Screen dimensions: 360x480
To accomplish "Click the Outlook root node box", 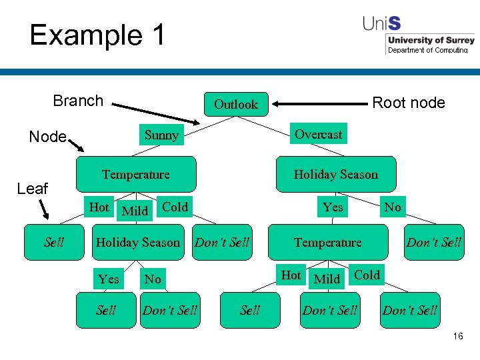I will coord(235,105).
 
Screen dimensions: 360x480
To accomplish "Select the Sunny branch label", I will coord(161,135).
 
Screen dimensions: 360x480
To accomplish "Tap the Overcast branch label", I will coord(318,134).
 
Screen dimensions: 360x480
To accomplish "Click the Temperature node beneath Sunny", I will coord(136,175).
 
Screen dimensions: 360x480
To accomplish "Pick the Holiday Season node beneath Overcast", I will coord(335,175).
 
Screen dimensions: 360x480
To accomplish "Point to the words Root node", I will coord(408,103).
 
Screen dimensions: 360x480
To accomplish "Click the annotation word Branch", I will coord(78,101).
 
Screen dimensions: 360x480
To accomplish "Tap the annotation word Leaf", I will coord(32,189).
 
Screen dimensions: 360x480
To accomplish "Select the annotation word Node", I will coord(47,137).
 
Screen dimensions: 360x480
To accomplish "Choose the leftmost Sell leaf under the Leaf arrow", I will coord(54,242).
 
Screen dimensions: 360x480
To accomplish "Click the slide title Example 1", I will coord(97,35).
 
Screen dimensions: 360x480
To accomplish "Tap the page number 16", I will coord(457,337).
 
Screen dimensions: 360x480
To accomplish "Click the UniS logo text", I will coord(382,23).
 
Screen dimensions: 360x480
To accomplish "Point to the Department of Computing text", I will coord(427,51).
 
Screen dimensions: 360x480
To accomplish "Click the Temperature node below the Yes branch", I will coord(327,243).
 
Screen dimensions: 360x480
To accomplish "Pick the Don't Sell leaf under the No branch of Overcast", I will coord(434,243).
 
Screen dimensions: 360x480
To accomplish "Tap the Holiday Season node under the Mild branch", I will coord(138,243).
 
